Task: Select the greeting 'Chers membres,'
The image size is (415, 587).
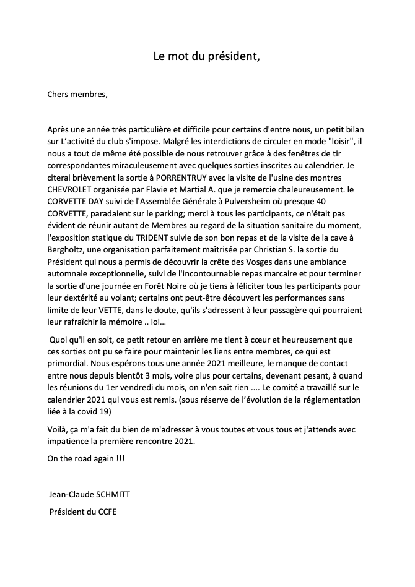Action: pos(77,95)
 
